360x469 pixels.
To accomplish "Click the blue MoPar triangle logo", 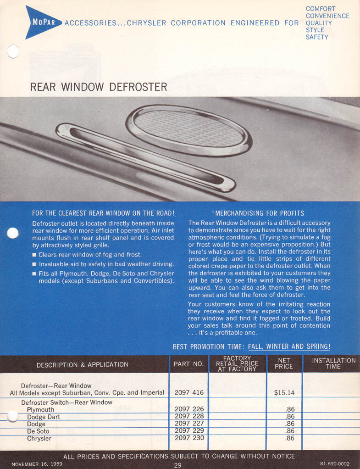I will click(x=42, y=22).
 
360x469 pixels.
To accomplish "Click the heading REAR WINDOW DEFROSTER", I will click(x=98, y=86).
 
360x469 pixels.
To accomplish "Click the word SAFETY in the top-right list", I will click(x=317, y=37).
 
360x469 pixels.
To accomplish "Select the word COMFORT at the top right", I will click(x=321, y=9).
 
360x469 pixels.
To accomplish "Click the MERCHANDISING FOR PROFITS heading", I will click(x=260, y=213).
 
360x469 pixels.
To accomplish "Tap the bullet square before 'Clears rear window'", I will click(x=34, y=255).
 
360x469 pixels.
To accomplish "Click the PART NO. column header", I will click(x=188, y=364).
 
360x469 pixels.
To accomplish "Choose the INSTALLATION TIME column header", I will click(x=333, y=363).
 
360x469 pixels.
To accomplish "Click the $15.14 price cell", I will click(x=284, y=392).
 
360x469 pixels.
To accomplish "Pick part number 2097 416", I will click(x=189, y=392).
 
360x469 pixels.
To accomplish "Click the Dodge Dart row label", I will click(x=44, y=417).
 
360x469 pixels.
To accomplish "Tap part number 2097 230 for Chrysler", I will click(x=189, y=438).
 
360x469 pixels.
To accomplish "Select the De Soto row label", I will click(x=38, y=431).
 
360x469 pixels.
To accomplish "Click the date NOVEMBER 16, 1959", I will click(x=37, y=464).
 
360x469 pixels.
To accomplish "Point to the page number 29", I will click(x=178, y=465).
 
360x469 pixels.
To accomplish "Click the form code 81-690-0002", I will click(x=334, y=464).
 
